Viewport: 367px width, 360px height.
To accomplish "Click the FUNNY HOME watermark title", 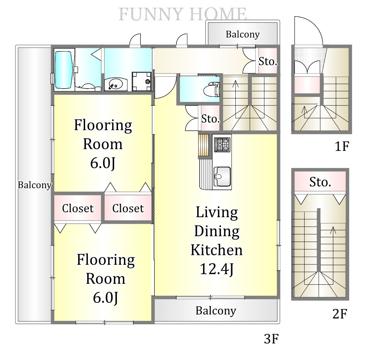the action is pyautogui.click(x=182, y=14).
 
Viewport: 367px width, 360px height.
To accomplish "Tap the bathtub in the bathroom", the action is pyautogui.click(x=63, y=70).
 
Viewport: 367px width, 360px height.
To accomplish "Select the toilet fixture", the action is pyautogui.click(x=212, y=89).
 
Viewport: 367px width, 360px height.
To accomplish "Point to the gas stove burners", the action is pyautogui.click(x=222, y=145).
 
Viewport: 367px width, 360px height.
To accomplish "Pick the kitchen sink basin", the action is pyautogui.click(x=222, y=176).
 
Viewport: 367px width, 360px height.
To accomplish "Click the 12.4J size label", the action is pyautogui.click(x=216, y=269).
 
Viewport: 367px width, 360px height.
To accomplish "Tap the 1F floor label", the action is pyautogui.click(x=342, y=146).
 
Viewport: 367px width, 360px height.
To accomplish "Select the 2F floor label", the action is pyautogui.click(x=340, y=314).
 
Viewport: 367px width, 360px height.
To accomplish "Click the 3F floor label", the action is pyautogui.click(x=271, y=339).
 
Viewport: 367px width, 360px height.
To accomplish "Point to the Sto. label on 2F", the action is pyautogui.click(x=320, y=182).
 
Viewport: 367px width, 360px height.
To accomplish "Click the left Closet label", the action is pyautogui.click(x=78, y=208).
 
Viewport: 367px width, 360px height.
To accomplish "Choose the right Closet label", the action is pyautogui.click(x=128, y=208).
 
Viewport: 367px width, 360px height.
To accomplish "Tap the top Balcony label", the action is pyautogui.click(x=243, y=34).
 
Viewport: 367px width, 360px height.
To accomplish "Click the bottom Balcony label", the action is pyautogui.click(x=216, y=311).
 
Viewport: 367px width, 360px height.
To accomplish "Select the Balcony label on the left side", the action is pyautogui.click(x=35, y=185).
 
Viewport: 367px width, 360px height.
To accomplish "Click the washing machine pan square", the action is pyautogui.click(x=142, y=82).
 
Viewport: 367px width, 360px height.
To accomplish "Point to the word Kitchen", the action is pyautogui.click(x=216, y=250).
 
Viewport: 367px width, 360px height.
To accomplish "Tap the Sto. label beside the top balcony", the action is pyautogui.click(x=268, y=61).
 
